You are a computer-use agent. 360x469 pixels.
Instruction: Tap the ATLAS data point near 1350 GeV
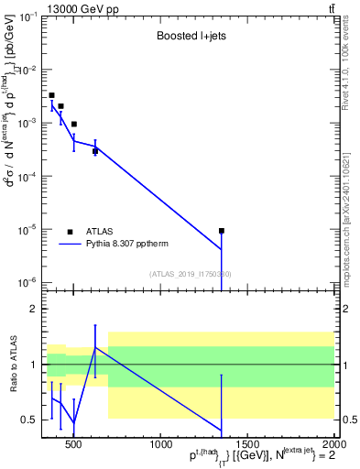click(x=222, y=231)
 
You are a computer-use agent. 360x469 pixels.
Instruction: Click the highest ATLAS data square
click(x=52, y=95)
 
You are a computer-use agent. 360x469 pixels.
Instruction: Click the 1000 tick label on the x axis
click(x=159, y=446)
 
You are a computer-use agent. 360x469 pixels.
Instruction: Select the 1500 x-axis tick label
click(x=245, y=446)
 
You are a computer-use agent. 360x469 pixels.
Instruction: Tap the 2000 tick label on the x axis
click(x=331, y=446)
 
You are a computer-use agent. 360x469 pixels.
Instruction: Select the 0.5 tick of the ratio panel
click(x=28, y=420)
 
